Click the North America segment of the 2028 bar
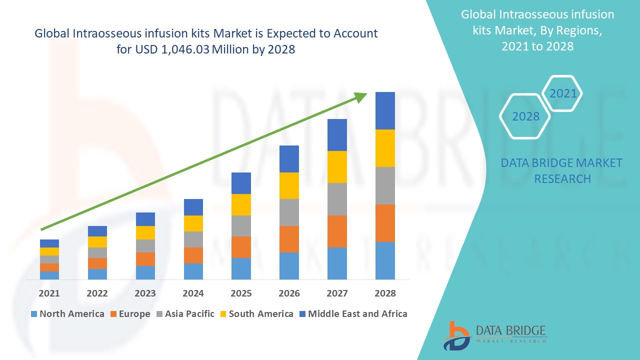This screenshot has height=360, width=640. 385,260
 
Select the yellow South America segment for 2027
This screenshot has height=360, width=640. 337,166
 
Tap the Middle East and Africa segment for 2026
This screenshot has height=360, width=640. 289,159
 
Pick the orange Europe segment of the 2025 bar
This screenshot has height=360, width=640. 241,247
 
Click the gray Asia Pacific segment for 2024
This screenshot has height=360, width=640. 193,239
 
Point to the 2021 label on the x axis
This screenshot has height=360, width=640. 49,293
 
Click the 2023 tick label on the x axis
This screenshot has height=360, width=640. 145,293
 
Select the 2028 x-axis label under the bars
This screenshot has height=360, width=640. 385,293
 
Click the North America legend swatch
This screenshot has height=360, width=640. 34,314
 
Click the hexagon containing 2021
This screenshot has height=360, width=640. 562,93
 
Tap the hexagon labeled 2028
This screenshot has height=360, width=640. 525,116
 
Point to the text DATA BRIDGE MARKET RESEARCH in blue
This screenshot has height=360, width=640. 561,170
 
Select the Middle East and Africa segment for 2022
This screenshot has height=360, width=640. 97,231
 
